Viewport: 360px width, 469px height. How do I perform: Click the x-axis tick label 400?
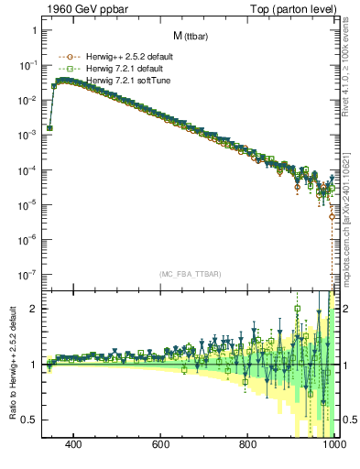74,444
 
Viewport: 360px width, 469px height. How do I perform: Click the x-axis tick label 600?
161,444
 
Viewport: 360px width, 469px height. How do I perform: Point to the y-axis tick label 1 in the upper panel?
34,30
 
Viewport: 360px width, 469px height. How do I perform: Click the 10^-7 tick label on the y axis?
27,274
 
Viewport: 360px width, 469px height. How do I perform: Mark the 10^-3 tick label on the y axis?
27,135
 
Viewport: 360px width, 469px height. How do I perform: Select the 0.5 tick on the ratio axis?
29,420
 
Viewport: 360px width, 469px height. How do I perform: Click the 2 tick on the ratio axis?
34,309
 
